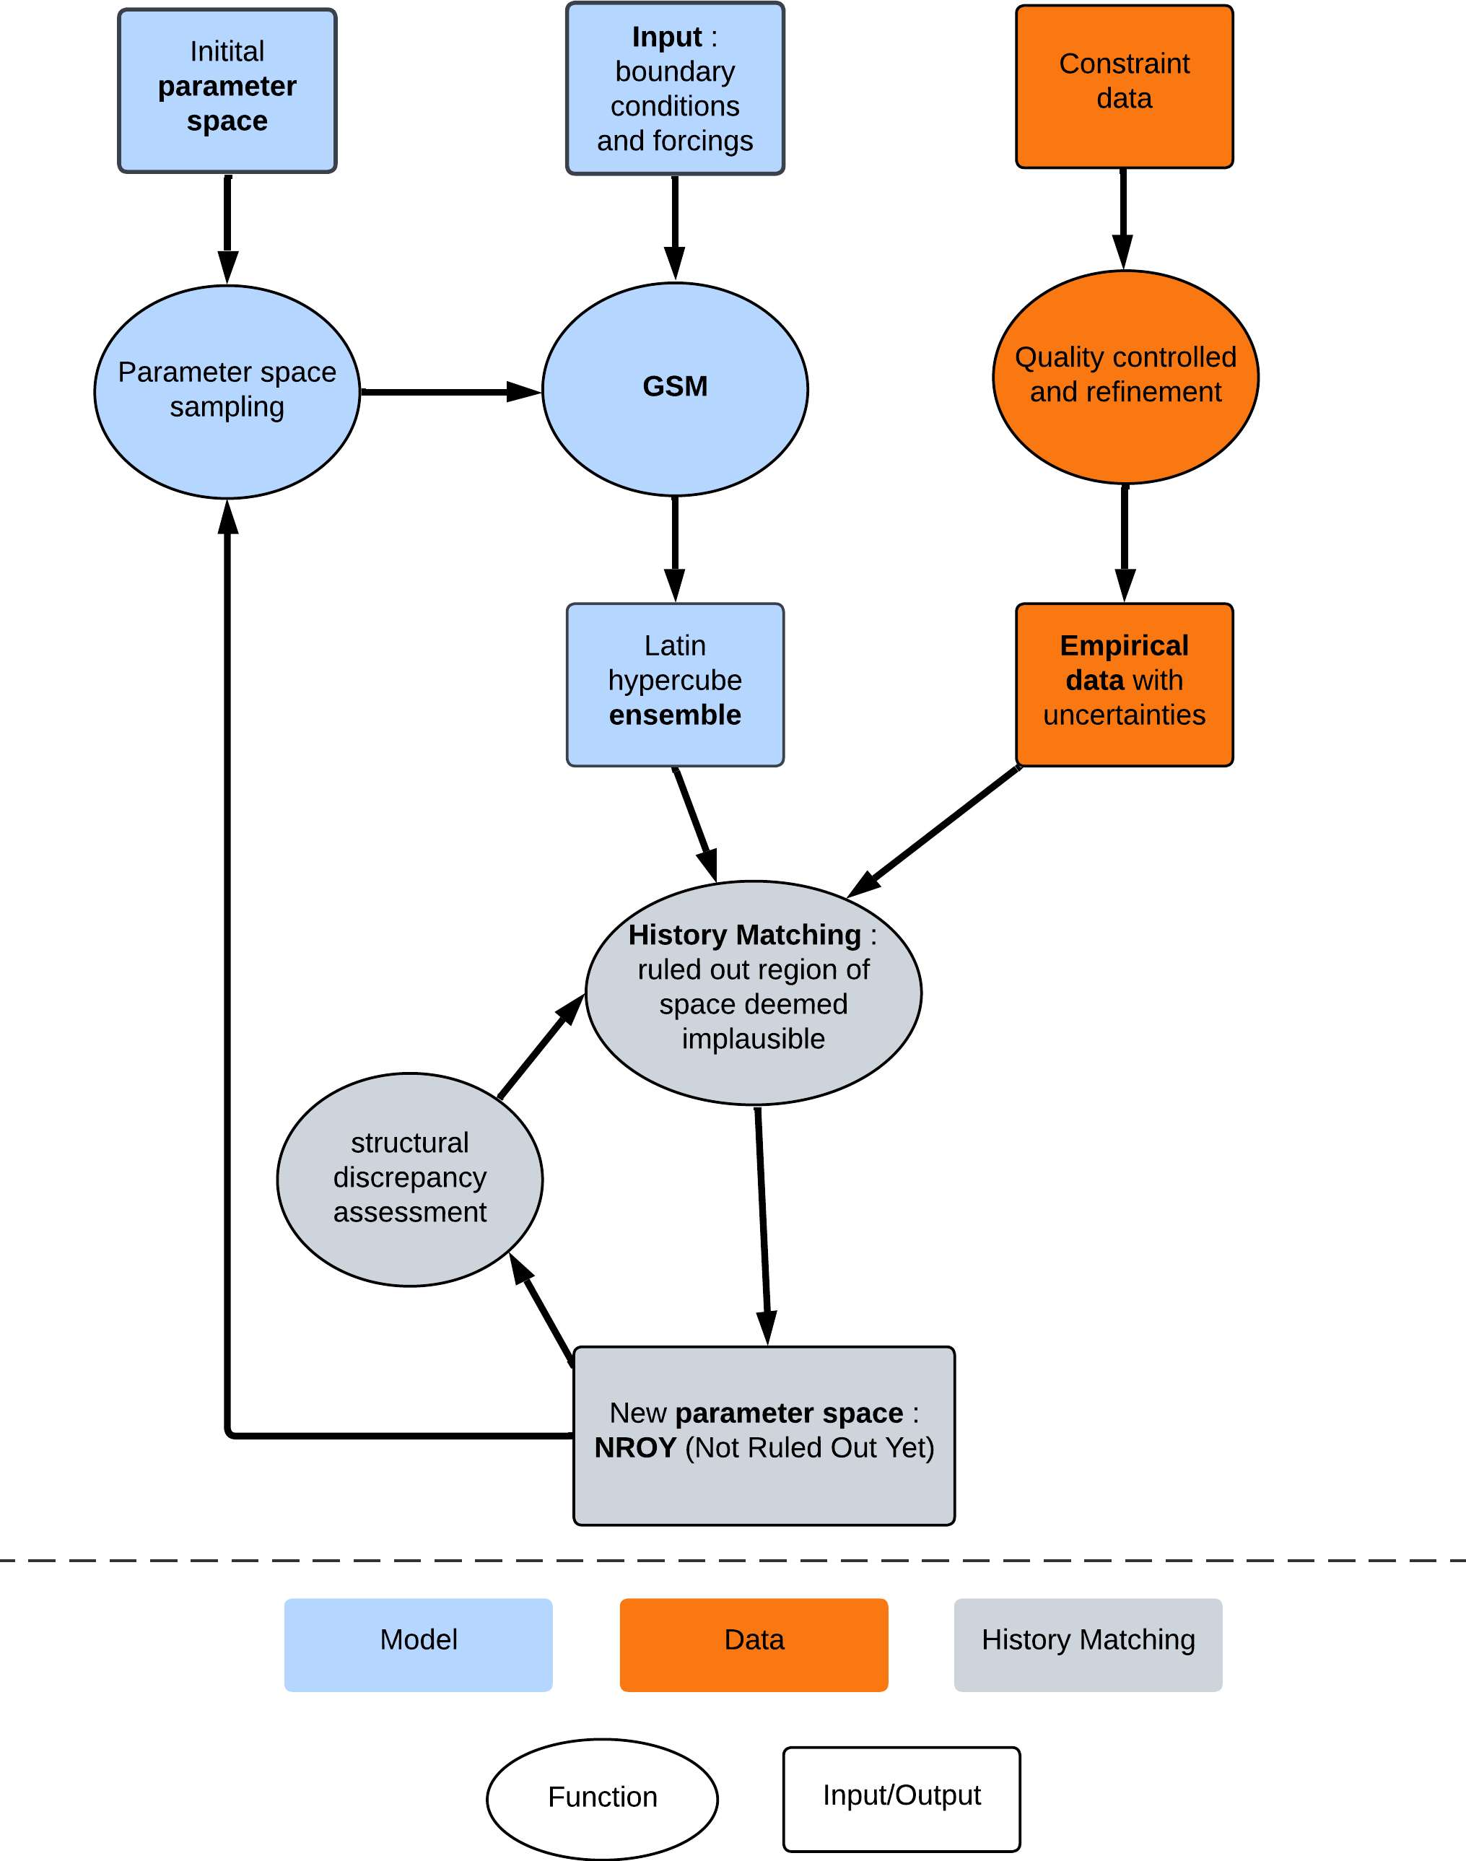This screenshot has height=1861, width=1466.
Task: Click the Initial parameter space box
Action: [x=227, y=90]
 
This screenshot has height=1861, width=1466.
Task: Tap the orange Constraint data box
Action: [x=1124, y=87]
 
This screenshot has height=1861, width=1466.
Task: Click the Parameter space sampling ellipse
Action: [x=227, y=391]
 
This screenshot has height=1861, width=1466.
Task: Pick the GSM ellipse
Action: [x=675, y=389]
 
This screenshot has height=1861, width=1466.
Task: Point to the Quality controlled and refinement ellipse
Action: [x=1125, y=377]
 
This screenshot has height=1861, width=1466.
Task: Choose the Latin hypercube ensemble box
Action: [x=675, y=684]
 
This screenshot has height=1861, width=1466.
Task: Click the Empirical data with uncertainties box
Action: [x=1124, y=684]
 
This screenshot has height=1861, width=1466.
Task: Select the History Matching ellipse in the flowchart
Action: [x=753, y=993]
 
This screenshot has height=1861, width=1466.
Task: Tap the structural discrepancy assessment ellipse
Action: [x=409, y=1179]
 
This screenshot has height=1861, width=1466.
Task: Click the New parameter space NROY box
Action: [x=763, y=1435]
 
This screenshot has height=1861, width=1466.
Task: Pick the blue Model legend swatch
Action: [x=418, y=1644]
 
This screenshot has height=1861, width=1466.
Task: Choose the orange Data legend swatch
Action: [x=753, y=1644]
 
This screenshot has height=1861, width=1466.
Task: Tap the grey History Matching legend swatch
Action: [x=1088, y=1644]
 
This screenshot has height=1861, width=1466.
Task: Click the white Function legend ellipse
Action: [x=602, y=1798]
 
